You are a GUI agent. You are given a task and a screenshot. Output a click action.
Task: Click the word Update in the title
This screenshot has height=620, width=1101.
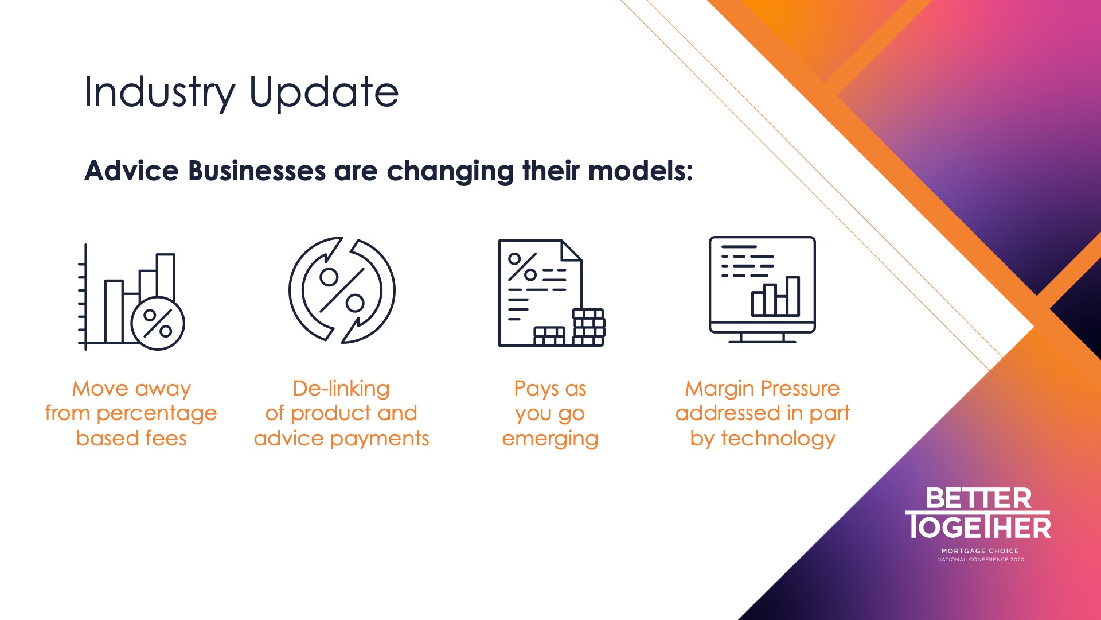pyautogui.click(x=324, y=92)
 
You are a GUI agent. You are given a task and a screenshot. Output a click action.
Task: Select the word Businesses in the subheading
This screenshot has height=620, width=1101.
pyautogui.click(x=257, y=171)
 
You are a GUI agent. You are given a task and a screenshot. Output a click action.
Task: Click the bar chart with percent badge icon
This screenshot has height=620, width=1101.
pyautogui.click(x=132, y=297)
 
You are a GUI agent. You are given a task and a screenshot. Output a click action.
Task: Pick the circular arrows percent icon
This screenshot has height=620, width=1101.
pyautogui.click(x=342, y=290)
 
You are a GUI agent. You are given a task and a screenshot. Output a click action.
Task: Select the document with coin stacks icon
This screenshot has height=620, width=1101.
pyautogui.click(x=552, y=293)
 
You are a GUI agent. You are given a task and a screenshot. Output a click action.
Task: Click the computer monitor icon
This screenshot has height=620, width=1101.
pyautogui.click(x=762, y=290)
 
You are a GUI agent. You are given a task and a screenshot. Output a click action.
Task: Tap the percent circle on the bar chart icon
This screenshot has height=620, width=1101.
pyautogui.click(x=158, y=324)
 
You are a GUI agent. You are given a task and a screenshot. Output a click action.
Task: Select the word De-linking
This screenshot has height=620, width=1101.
pyautogui.click(x=341, y=389)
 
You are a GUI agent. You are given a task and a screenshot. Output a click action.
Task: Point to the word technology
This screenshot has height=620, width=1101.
pyautogui.click(x=778, y=439)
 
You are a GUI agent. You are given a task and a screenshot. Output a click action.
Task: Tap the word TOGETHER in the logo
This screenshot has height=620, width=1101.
pyautogui.click(x=978, y=526)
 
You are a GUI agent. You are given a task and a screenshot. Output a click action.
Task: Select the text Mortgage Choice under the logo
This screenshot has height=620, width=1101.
pyautogui.click(x=980, y=551)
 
